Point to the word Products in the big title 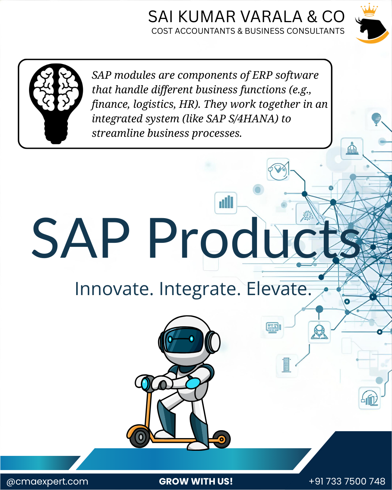pos(254,238)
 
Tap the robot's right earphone pos(213,342)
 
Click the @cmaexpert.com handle pos(48,482)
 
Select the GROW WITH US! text pos(196,482)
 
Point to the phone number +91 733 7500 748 pos(347,482)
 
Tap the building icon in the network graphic pos(352,149)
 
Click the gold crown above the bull pos(369,10)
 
